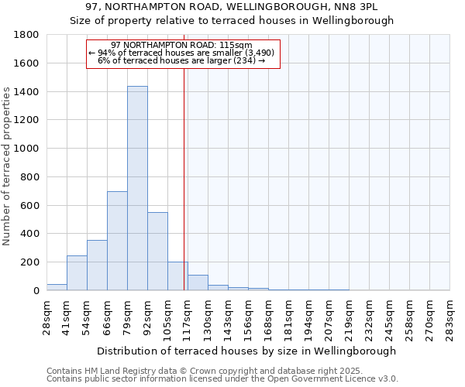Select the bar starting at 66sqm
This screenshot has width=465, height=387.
tap(117, 241)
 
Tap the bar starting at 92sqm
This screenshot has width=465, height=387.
tap(157, 251)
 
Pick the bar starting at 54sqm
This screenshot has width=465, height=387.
tap(97, 265)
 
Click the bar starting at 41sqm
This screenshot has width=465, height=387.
tap(77, 272)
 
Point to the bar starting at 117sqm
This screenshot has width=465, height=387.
tap(198, 283)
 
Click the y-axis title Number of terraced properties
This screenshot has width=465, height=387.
tap(7, 166)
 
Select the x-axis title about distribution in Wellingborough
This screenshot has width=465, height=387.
tap(248, 351)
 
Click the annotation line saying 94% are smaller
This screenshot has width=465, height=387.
tap(182, 53)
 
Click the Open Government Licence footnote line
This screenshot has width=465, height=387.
tap(222, 378)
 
